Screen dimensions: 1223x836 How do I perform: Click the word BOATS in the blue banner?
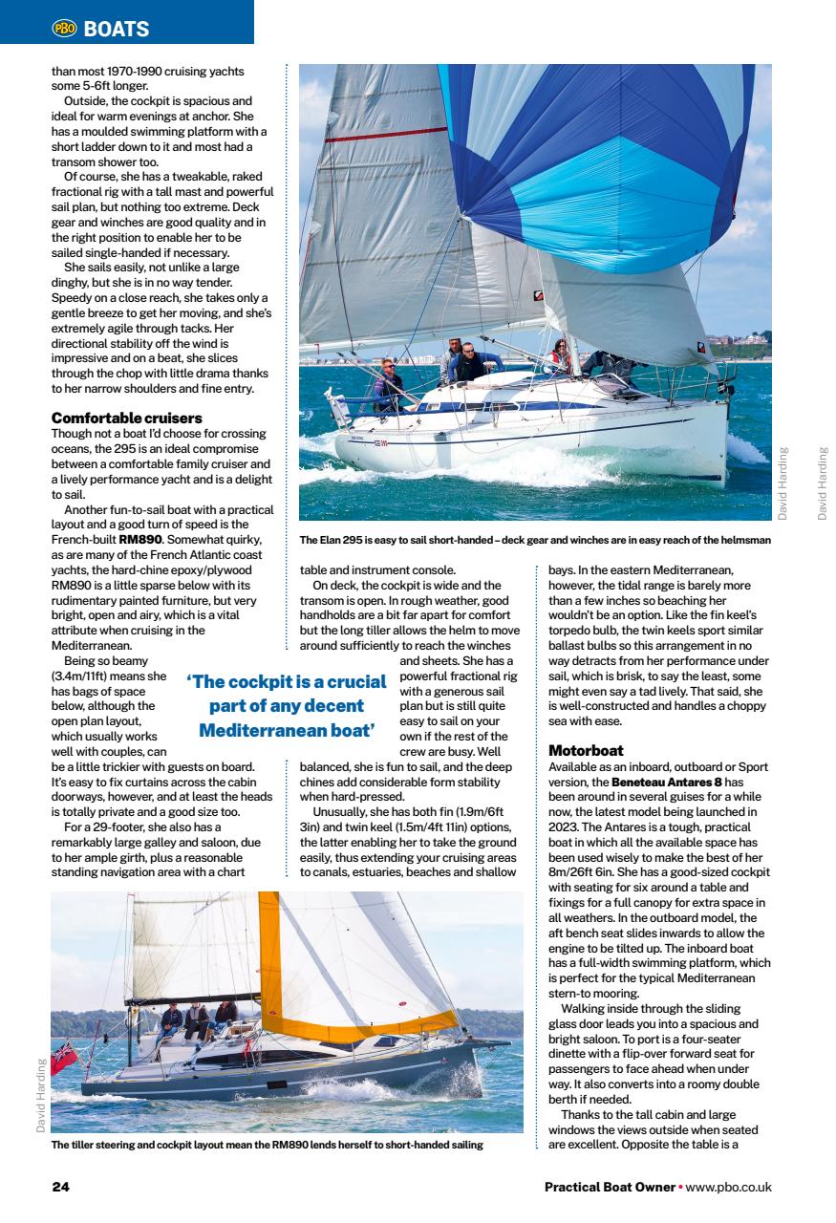click(x=117, y=30)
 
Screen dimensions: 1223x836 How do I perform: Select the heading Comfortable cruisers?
click(x=126, y=418)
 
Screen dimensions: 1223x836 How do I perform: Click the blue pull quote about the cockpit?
click(x=287, y=706)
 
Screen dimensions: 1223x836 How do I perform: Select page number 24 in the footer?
click(x=60, y=1187)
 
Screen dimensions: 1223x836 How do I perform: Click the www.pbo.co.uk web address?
click(x=728, y=1187)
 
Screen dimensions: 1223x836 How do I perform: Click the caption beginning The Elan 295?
click(x=535, y=540)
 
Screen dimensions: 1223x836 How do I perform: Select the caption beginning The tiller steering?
click(x=267, y=1144)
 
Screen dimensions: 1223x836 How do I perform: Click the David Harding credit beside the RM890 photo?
click(x=40, y=1094)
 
